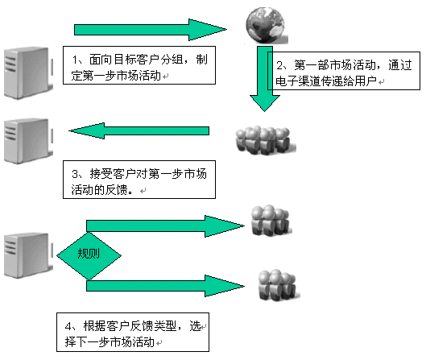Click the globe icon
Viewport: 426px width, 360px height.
coord(266,25)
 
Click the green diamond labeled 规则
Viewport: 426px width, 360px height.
coord(89,255)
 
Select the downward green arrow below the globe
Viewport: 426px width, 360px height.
coord(265,79)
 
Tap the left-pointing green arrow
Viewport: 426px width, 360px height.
coord(139,130)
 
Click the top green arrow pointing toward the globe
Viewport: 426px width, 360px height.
coord(151,30)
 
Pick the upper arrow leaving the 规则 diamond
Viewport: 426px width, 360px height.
coord(165,226)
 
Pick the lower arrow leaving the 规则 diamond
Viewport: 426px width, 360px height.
coord(165,286)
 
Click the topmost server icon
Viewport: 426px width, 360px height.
coord(28,72)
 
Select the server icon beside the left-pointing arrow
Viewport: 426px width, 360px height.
coord(28,141)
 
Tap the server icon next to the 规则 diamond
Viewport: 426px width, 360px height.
coord(28,255)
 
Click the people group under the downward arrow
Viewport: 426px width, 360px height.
coord(265,140)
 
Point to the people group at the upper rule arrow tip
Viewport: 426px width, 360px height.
coord(271,220)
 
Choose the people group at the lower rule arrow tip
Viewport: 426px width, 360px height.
coord(278,285)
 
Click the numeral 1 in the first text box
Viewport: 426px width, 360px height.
coord(75,60)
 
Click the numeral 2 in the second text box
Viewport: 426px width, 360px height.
coord(279,65)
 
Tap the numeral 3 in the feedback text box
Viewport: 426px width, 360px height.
coord(75,174)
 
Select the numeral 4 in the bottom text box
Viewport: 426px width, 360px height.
coord(68,326)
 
